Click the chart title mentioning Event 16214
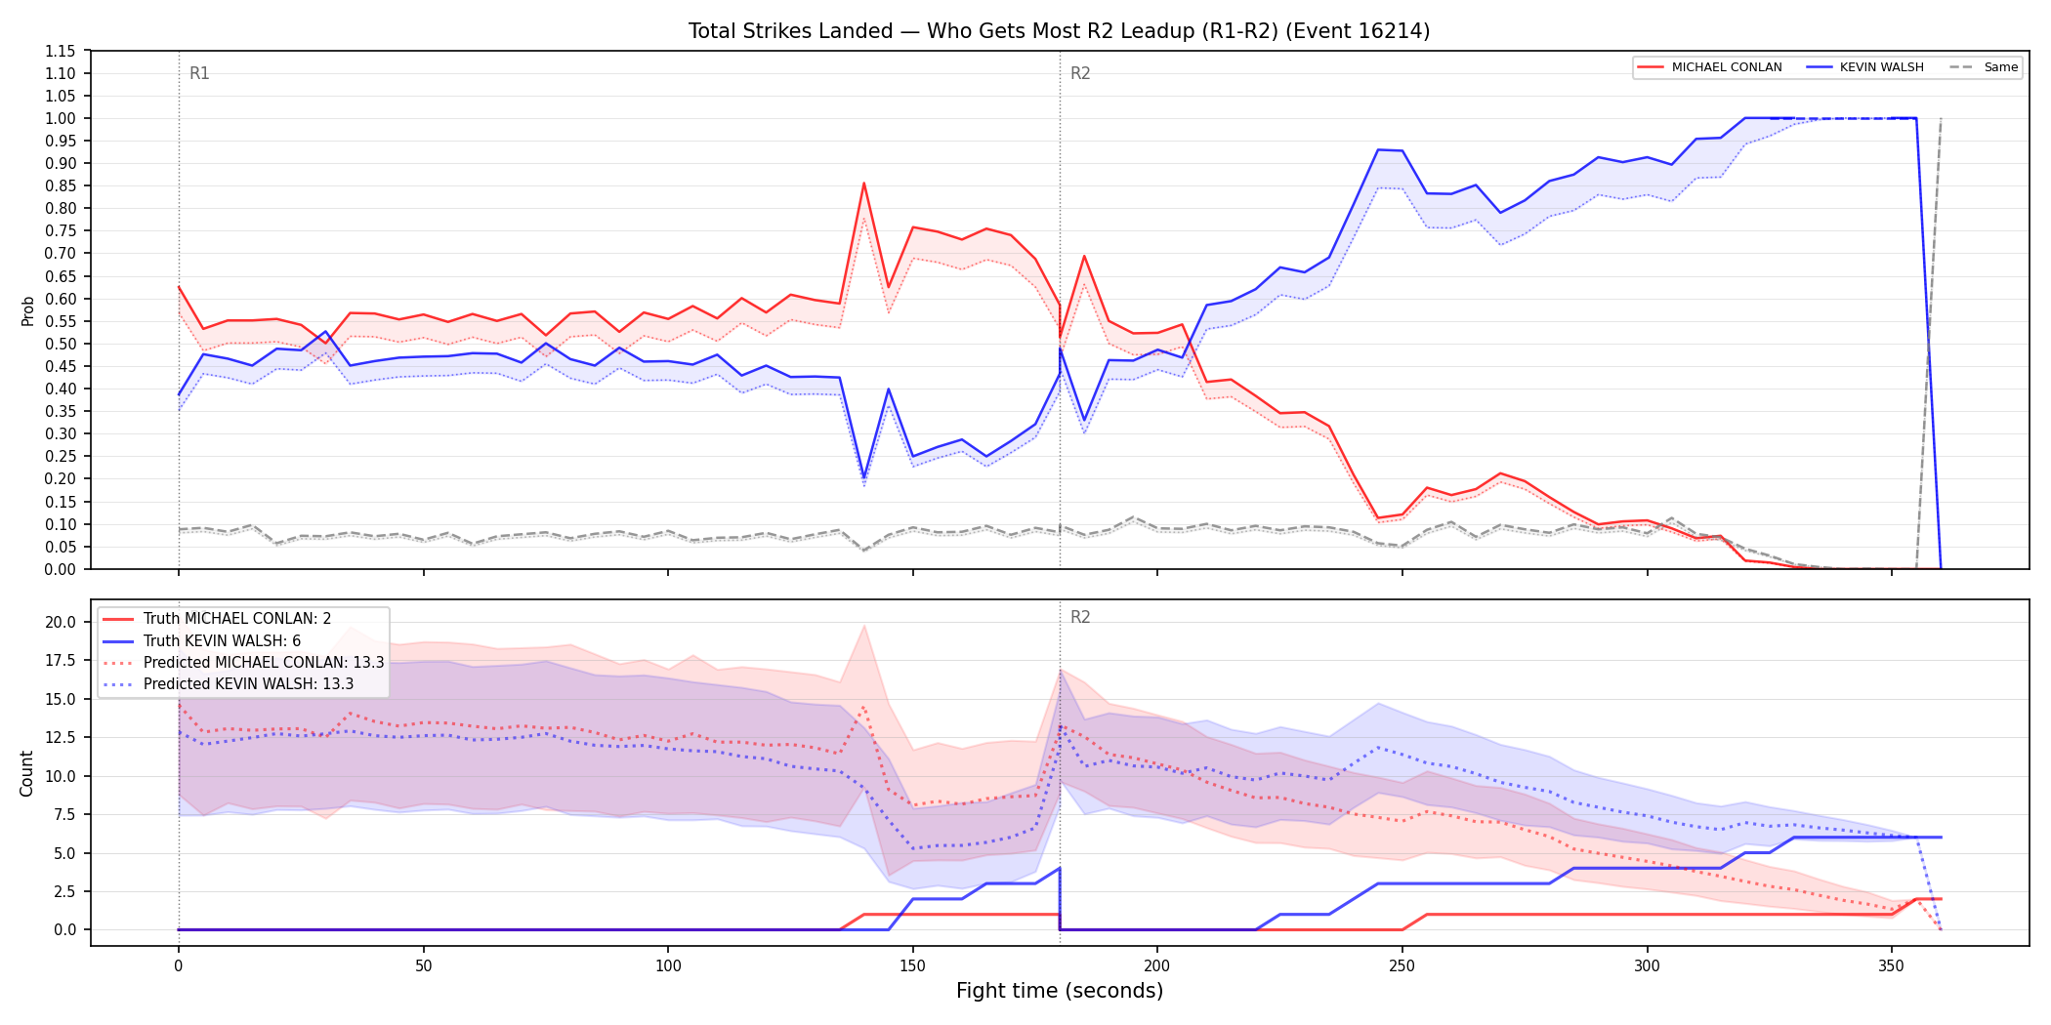coord(1059,31)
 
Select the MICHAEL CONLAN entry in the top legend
coord(1709,67)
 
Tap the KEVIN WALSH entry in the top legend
coord(1865,67)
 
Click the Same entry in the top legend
coord(1984,67)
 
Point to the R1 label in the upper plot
coord(199,73)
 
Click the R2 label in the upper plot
coord(1080,73)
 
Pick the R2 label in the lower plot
coord(1080,617)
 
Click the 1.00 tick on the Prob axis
coord(61,118)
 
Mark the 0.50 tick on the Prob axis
coord(61,344)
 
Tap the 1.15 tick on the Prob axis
coord(61,51)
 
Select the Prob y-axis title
coord(28,310)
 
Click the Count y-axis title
coord(26,773)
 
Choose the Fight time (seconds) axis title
coord(1060,991)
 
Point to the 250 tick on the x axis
coord(1402,966)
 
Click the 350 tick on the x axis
coord(1892,966)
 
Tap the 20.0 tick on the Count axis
coord(61,622)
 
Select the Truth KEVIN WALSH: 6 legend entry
coord(222,641)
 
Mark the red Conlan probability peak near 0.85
coord(863,184)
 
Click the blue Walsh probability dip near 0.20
coord(863,477)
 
